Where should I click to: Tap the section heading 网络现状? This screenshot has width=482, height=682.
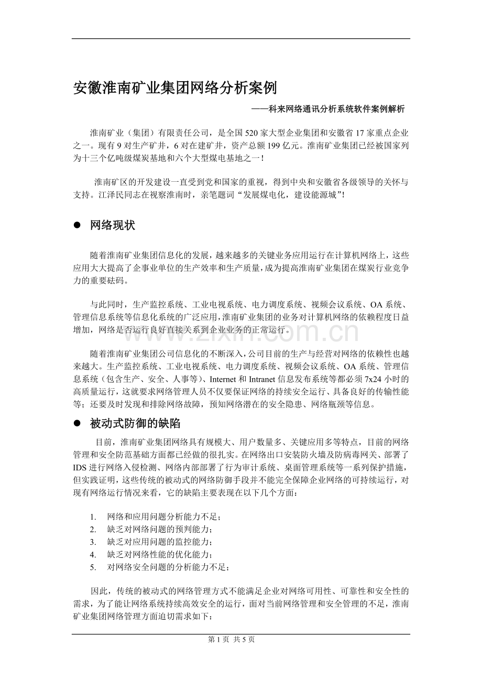click(113, 226)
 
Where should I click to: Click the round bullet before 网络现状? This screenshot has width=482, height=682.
click(77, 226)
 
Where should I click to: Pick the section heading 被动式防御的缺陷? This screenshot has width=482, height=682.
click(135, 423)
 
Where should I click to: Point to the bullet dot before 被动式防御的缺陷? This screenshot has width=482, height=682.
click(77, 423)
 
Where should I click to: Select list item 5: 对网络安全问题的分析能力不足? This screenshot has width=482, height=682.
click(168, 567)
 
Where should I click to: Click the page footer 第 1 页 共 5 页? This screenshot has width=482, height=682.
click(231, 639)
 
